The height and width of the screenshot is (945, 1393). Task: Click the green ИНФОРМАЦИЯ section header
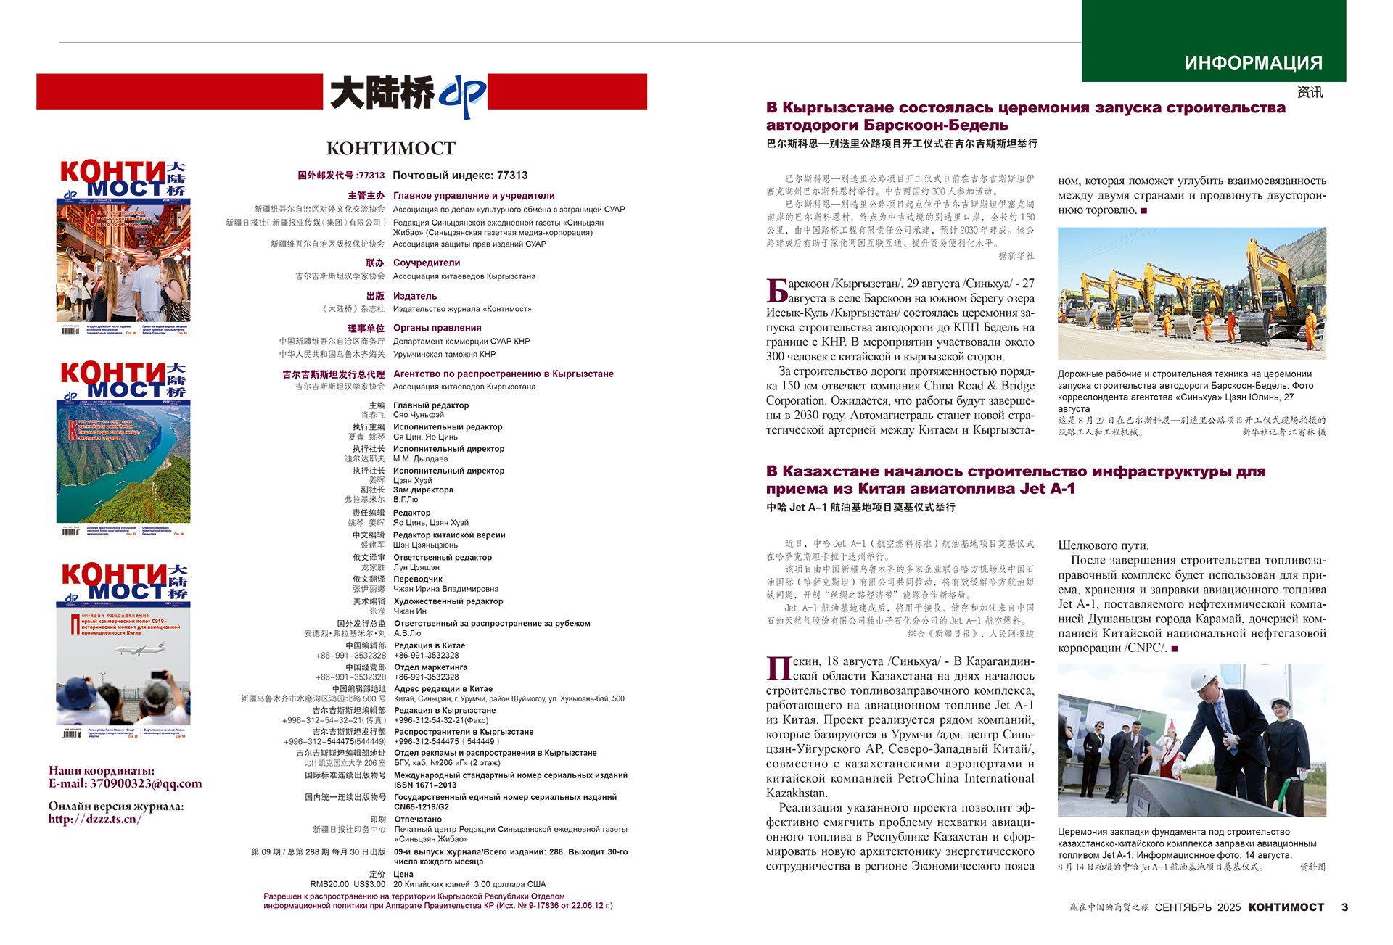click(x=1253, y=63)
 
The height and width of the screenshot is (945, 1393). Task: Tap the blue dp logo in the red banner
click(x=462, y=95)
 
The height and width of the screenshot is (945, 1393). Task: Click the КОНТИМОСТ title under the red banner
click(x=391, y=149)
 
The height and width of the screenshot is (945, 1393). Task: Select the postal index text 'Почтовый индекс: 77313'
click(x=460, y=176)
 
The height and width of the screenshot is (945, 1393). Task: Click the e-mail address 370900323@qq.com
click(x=146, y=783)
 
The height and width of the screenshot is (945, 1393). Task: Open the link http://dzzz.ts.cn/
click(x=95, y=819)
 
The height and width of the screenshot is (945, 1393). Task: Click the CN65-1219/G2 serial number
click(x=422, y=806)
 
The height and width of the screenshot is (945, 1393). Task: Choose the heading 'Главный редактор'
click(x=431, y=405)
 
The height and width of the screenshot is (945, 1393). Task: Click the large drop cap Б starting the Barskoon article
click(x=777, y=290)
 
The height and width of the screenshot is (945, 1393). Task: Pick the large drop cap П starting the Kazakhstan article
click(x=778, y=668)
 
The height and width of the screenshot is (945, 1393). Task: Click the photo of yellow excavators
click(x=1191, y=293)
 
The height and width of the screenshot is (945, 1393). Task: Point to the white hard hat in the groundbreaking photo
click(x=1208, y=682)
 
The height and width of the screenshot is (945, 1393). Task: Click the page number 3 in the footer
click(x=1344, y=907)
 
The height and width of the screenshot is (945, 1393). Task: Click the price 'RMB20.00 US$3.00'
click(x=348, y=884)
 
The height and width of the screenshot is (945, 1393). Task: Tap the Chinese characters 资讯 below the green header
click(x=1310, y=92)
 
